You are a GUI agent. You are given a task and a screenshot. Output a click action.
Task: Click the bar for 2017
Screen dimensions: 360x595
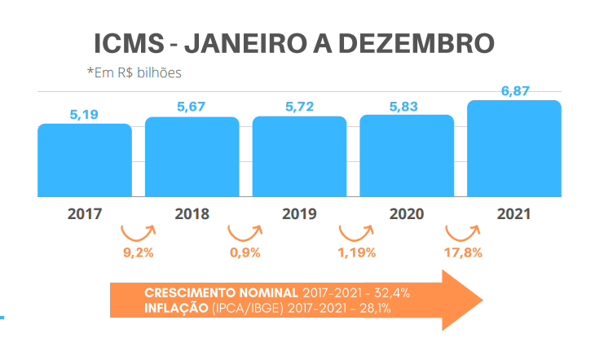(84, 160)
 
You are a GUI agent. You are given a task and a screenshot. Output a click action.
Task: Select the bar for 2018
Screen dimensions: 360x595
(192, 157)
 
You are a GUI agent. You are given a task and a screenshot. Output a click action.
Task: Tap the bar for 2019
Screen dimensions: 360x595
(299, 157)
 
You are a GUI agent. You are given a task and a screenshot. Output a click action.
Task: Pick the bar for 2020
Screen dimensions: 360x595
(407, 156)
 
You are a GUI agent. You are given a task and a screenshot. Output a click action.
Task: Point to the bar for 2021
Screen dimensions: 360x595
(514, 149)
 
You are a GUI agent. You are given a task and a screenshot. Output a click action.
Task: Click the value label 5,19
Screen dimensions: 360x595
(84, 115)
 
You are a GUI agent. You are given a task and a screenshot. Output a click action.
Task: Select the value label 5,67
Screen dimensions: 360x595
(192, 107)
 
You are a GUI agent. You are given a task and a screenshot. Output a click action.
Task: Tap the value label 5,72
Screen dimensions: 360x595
(299, 107)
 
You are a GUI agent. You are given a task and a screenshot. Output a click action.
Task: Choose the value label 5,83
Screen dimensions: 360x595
(407, 106)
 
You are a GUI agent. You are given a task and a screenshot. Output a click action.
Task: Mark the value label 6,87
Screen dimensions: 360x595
(514, 91)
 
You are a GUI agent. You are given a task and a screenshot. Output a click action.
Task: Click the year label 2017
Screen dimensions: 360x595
(84, 215)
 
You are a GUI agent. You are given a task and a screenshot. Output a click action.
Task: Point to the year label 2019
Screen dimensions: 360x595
(299, 215)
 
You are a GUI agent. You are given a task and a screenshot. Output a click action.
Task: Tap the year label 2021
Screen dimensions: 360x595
(514, 215)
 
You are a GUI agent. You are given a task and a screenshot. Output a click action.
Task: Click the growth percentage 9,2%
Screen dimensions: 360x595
(139, 252)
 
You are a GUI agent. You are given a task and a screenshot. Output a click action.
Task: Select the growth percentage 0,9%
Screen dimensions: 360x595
(245, 252)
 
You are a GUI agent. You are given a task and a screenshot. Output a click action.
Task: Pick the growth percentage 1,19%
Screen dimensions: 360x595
(356, 252)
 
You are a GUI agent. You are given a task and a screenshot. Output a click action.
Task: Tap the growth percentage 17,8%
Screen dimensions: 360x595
(463, 252)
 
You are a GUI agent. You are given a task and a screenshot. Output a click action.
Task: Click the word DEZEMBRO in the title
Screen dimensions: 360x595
(415, 44)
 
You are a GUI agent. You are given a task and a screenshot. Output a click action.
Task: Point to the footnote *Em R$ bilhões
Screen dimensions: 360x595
(134, 72)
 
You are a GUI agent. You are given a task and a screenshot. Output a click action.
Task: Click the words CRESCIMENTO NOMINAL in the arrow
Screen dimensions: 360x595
(220, 292)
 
